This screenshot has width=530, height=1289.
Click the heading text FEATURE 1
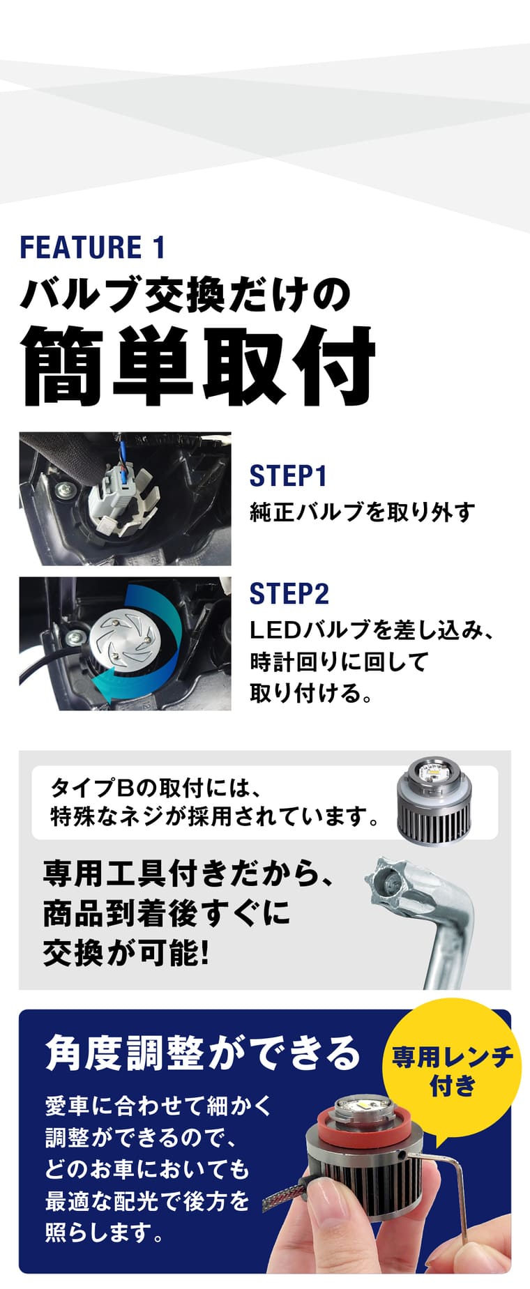coord(93,247)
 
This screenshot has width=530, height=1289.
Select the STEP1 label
coord(288,476)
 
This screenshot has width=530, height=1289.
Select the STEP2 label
coord(289,594)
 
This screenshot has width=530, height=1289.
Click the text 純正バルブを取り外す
coord(362,512)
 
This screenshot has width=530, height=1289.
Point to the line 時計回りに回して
coord(338,662)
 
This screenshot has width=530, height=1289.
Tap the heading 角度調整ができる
coord(203,1053)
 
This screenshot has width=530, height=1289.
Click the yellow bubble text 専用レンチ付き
coord(452,1070)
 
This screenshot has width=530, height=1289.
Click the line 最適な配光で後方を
coord(147,1201)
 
